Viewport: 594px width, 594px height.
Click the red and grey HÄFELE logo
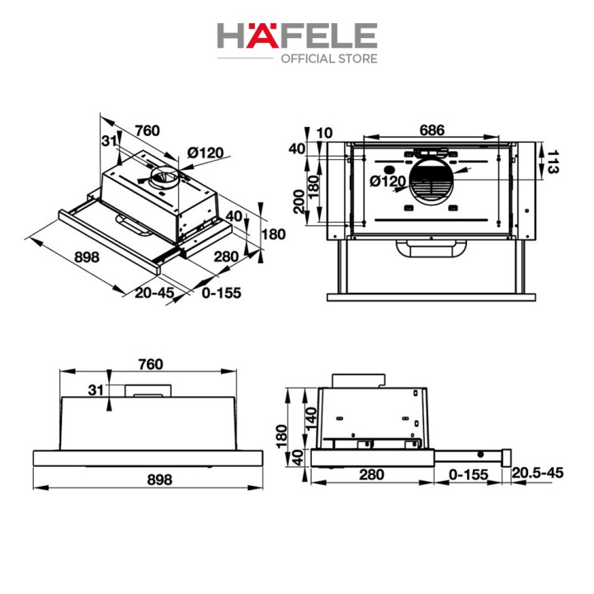[x=297, y=35]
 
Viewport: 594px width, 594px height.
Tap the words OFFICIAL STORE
[x=329, y=59]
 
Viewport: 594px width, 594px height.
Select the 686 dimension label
[x=431, y=130]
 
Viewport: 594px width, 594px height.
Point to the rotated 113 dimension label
[x=552, y=162]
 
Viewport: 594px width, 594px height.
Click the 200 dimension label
[x=299, y=201]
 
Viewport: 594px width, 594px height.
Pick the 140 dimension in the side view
[x=311, y=418]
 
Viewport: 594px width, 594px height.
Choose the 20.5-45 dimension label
[x=537, y=473]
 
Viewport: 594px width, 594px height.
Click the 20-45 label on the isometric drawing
[x=154, y=292]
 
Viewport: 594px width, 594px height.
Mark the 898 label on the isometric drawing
[x=87, y=257]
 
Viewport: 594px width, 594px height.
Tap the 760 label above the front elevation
[x=151, y=364]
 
